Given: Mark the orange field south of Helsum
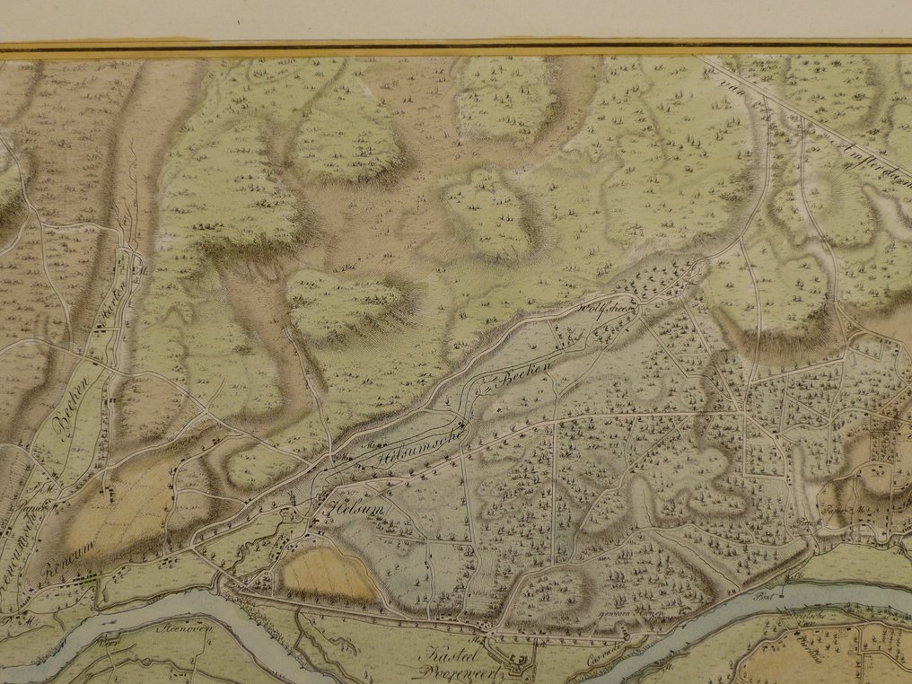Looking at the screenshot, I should pyautogui.click(x=328, y=575).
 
